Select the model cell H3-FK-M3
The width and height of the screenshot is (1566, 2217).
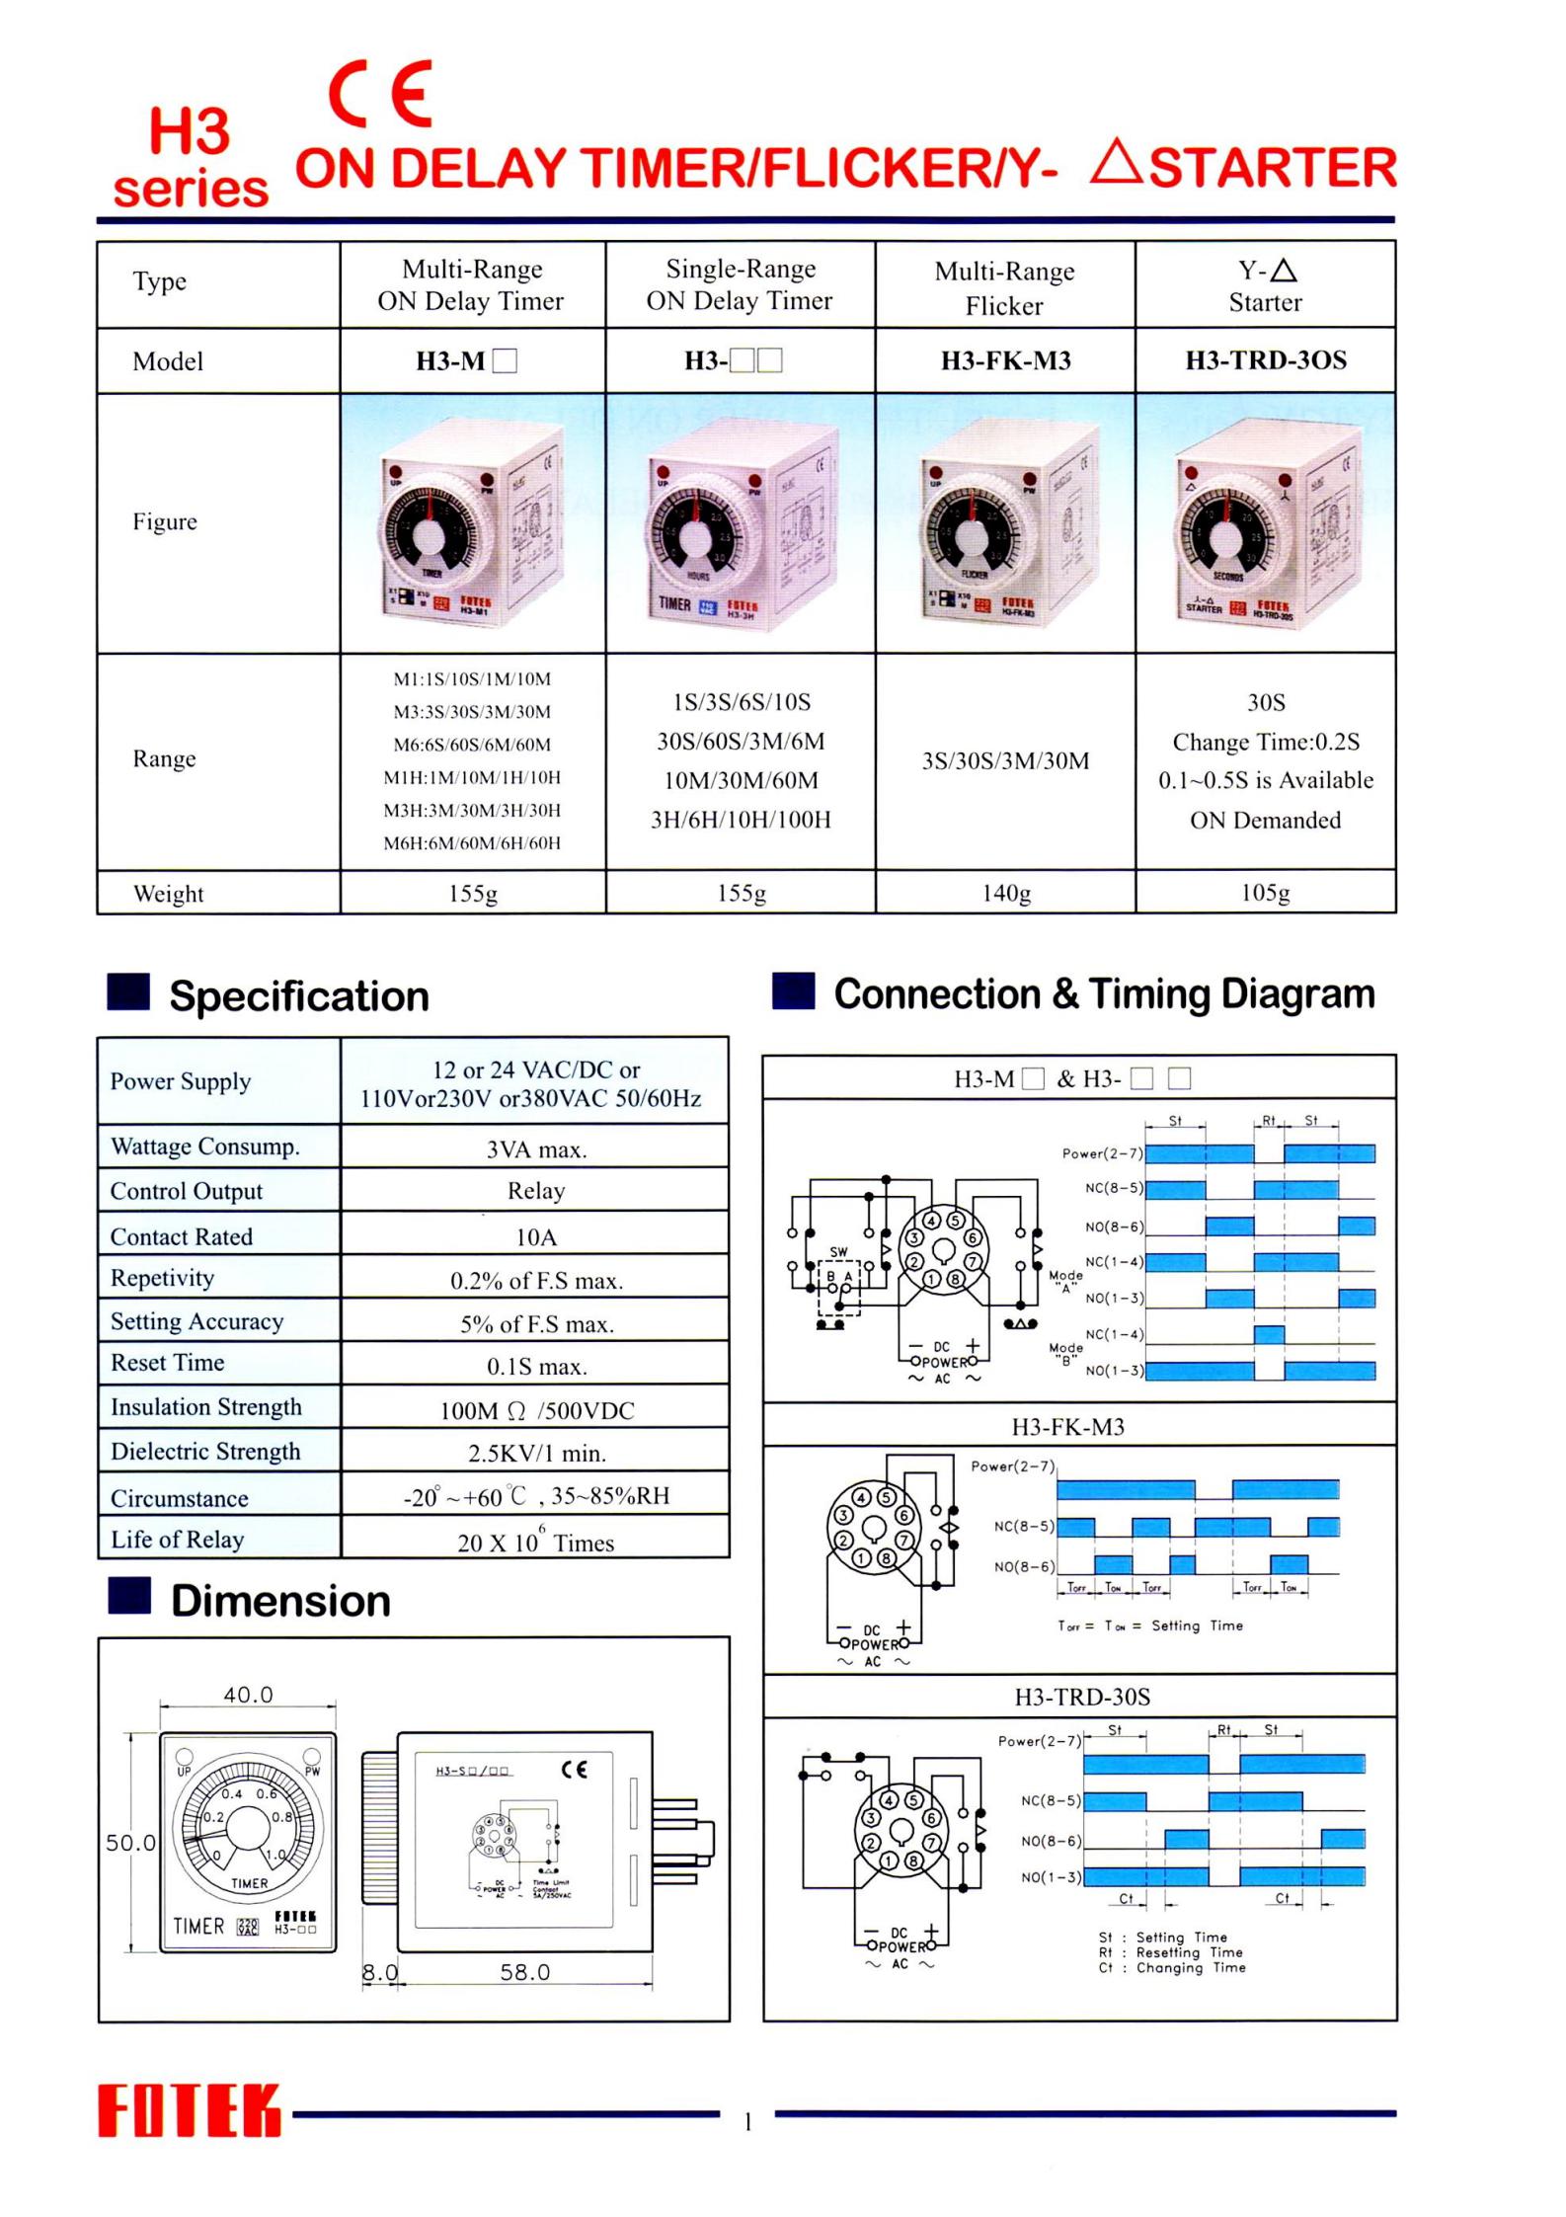(x=1005, y=360)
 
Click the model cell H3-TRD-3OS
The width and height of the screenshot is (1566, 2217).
(x=1266, y=360)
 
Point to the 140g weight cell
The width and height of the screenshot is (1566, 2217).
(x=1005, y=893)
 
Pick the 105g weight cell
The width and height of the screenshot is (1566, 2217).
(x=1266, y=893)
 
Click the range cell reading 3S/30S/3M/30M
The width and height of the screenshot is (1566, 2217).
(x=1005, y=760)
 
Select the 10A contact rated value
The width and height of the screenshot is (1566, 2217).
(x=536, y=1236)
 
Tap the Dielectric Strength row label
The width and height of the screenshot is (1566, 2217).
(x=205, y=1451)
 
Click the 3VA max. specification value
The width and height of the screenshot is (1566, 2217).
(x=536, y=1149)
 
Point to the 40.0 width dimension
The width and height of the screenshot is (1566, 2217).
(x=248, y=1695)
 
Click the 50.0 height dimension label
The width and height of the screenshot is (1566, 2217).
(x=131, y=1842)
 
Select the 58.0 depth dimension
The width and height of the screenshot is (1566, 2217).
(x=524, y=1972)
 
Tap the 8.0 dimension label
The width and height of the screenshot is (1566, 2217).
(x=379, y=1972)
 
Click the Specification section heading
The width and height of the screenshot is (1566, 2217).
(x=298, y=995)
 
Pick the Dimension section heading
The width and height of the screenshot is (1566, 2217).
(x=280, y=1601)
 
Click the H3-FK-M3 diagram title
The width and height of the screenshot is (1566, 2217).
(x=1068, y=1426)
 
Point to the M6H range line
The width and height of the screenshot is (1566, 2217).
(x=472, y=842)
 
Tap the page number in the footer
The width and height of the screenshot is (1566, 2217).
(x=748, y=2121)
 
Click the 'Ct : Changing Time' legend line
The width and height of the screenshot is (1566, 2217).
(x=1172, y=1967)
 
